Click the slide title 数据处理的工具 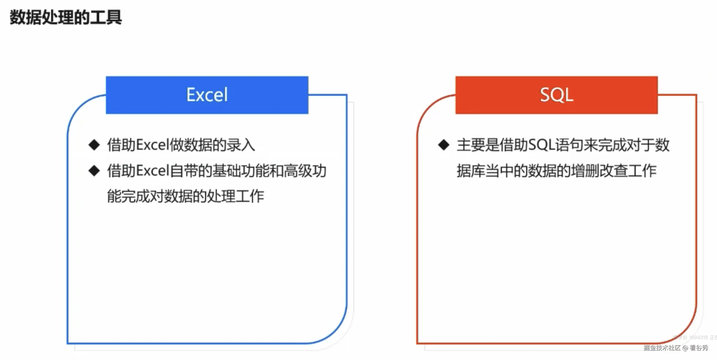(x=66, y=17)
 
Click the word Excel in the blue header (x=207, y=95)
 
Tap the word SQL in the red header (x=556, y=95)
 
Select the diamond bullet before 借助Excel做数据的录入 (x=94, y=145)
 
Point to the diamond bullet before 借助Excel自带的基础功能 (x=94, y=171)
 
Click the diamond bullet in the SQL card (x=444, y=145)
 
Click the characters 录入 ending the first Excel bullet (x=241, y=145)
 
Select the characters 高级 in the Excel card (x=298, y=171)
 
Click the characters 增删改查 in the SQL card (x=600, y=171)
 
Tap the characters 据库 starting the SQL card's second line (x=471, y=171)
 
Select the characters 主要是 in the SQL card (x=478, y=145)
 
